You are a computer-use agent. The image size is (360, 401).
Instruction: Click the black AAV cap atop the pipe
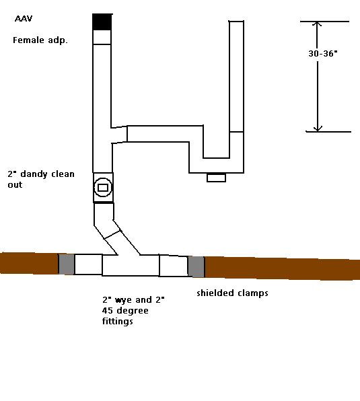pyautogui.click(x=102, y=22)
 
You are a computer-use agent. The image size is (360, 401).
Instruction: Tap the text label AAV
pyautogui.click(x=24, y=19)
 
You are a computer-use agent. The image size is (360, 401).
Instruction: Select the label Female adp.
pyautogui.click(x=40, y=40)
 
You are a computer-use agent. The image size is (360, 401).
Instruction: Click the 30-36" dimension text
pyautogui.click(x=323, y=53)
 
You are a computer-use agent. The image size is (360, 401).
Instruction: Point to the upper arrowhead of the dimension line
pyautogui.click(x=317, y=24)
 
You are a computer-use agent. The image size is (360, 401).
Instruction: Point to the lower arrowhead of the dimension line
pyautogui.click(x=318, y=129)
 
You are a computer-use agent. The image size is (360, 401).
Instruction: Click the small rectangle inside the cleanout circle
pyautogui.click(x=103, y=188)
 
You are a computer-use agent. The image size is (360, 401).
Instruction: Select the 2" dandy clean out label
pyautogui.click(x=41, y=179)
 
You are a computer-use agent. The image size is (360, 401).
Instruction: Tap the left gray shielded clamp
pyautogui.click(x=67, y=264)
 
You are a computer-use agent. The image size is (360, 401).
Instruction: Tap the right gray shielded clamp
pyautogui.click(x=196, y=266)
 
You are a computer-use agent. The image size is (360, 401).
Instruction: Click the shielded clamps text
pyautogui.click(x=232, y=293)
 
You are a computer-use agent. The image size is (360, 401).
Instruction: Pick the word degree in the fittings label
pyautogui.click(x=132, y=311)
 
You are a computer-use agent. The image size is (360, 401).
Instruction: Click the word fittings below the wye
pyautogui.click(x=117, y=321)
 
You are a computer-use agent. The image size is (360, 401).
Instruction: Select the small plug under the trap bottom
pyautogui.click(x=216, y=178)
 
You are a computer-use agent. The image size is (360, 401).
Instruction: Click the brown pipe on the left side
pyautogui.click(x=29, y=263)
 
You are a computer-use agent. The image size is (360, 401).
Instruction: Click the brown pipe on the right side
pyautogui.click(x=282, y=268)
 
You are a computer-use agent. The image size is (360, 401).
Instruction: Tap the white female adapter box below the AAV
pyautogui.click(x=102, y=37)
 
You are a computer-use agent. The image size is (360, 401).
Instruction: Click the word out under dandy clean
pyautogui.click(x=15, y=184)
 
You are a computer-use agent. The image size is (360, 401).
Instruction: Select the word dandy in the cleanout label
pyautogui.click(x=34, y=174)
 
